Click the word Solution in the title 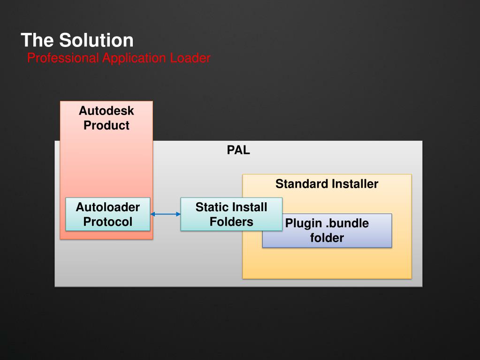tap(96, 40)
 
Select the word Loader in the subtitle tap(190, 58)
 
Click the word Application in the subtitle tap(135, 58)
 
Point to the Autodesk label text tap(107, 111)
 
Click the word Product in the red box tap(107, 125)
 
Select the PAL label tap(238, 150)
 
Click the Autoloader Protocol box tap(108, 214)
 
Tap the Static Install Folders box tap(231, 214)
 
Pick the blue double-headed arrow tap(165, 214)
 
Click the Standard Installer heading tap(327, 184)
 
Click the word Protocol tap(108, 222)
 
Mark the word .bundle tap(347, 223)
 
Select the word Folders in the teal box tap(231, 222)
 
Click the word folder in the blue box tap(327, 237)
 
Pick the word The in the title tap(38, 40)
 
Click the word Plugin tap(304, 223)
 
